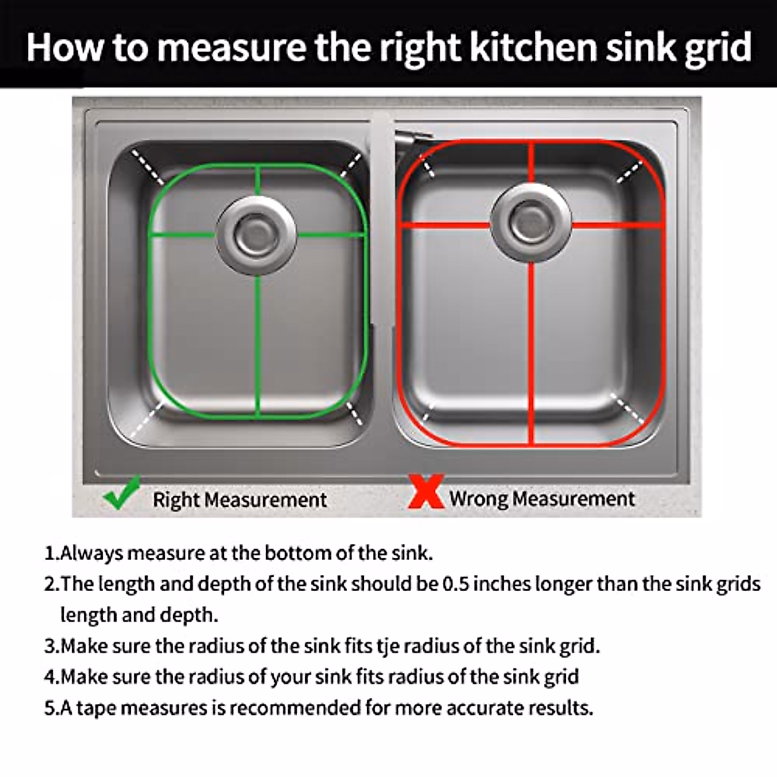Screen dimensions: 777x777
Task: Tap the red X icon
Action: click(426, 492)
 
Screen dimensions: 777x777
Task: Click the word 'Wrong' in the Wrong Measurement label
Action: click(479, 499)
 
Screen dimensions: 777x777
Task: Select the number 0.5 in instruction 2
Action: click(456, 584)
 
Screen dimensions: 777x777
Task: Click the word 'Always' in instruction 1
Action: click(91, 554)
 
